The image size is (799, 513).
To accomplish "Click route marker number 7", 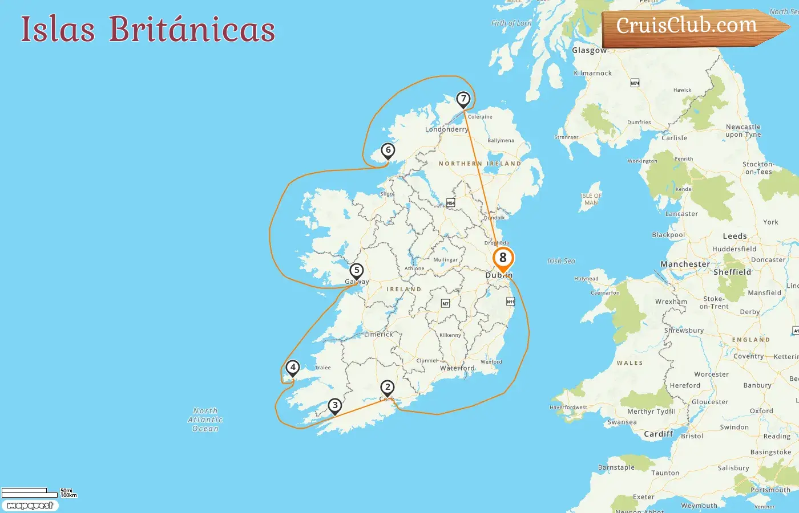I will pyautogui.click(x=463, y=99).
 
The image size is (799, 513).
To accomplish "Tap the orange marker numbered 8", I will pyautogui.click(x=503, y=258).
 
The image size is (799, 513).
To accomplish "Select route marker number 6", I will pyautogui.click(x=388, y=150).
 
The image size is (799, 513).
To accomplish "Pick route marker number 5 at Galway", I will pyautogui.click(x=357, y=271).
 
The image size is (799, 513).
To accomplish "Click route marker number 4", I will pyautogui.click(x=293, y=368).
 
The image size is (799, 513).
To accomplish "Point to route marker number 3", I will pyautogui.click(x=335, y=406).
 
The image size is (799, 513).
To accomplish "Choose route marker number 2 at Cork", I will pyautogui.click(x=388, y=388).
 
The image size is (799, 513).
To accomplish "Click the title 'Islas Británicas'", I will pyautogui.click(x=148, y=29).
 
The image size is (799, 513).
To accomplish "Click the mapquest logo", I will pyautogui.click(x=30, y=506).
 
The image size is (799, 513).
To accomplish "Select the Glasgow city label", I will pyautogui.click(x=590, y=50).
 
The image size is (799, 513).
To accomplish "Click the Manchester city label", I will pyautogui.click(x=685, y=264).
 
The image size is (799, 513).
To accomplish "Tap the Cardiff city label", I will pyautogui.click(x=658, y=434).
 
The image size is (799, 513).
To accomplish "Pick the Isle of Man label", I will pyautogui.click(x=591, y=199).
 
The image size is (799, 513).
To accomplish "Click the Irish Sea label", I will pyautogui.click(x=561, y=261).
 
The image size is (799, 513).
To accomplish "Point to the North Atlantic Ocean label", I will pyautogui.click(x=205, y=420).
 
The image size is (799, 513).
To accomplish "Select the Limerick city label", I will pyautogui.click(x=378, y=335).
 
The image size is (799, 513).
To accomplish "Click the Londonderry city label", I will pyautogui.click(x=446, y=129).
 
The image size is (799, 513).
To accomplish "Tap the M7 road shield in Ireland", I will pyautogui.click(x=445, y=304).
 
